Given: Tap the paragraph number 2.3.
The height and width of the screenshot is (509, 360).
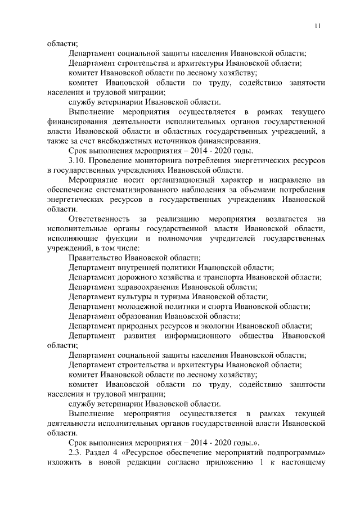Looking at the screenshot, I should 75,452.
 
